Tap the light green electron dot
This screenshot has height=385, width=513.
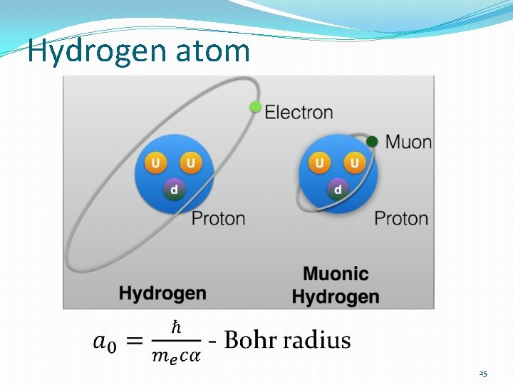tap(256, 107)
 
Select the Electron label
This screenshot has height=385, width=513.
tap(299, 112)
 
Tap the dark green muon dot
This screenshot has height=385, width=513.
tap(372, 141)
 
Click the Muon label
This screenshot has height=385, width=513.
tap(408, 141)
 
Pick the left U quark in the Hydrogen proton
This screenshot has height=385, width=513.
tap(155, 163)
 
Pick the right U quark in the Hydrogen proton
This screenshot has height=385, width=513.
tap(190, 163)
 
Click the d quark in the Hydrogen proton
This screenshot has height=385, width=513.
tap(174, 189)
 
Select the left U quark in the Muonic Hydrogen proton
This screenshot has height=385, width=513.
tap(319, 164)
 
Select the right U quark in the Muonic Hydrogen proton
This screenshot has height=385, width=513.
tap(354, 164)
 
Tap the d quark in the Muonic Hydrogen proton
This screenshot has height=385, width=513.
tap(338, 190)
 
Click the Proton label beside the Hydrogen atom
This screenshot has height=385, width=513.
tap(218, 218)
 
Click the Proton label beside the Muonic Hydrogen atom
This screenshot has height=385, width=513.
tap(401, 218)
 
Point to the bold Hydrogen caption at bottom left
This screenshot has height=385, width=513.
tap(162, 293)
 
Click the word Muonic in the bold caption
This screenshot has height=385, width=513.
tap(336, 274)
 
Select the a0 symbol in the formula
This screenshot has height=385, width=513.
tap(104, 341)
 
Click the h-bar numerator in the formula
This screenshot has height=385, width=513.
tap(176, 328)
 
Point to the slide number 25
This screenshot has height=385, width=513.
tap(483, 373)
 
